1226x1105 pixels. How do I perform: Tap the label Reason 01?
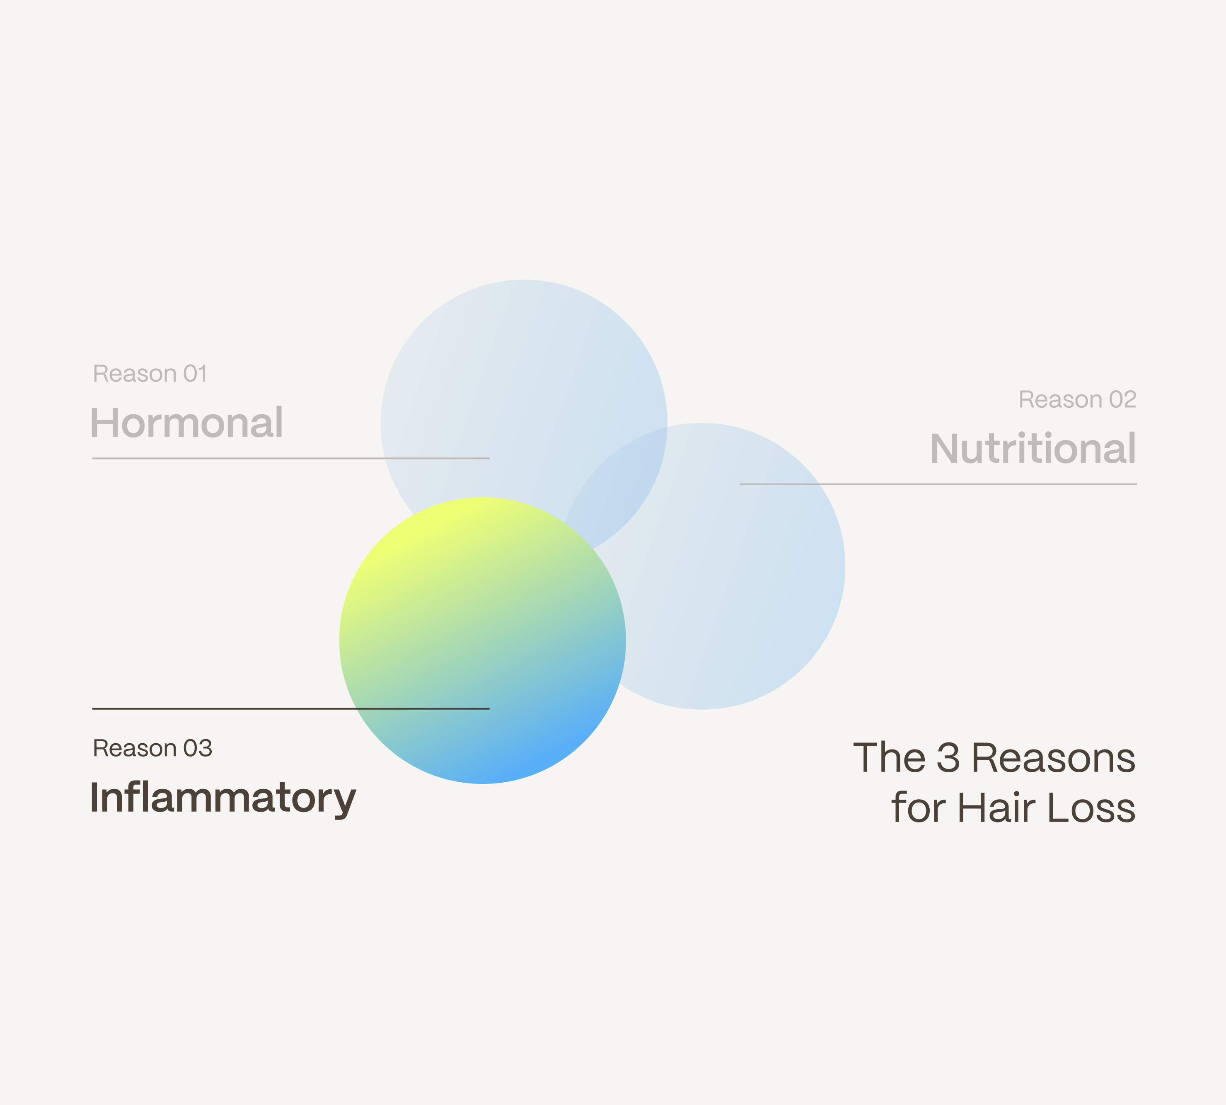150,373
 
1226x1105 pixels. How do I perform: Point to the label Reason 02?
1077,399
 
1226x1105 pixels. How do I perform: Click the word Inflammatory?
223,799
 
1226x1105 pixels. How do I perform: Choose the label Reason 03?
152,748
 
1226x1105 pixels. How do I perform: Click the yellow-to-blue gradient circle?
483,641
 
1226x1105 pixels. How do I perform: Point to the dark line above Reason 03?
291,708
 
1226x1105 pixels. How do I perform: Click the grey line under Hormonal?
291,458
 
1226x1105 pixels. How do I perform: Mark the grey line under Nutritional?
938,484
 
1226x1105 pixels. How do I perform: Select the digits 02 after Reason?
1123,399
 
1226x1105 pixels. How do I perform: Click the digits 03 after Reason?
198,748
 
